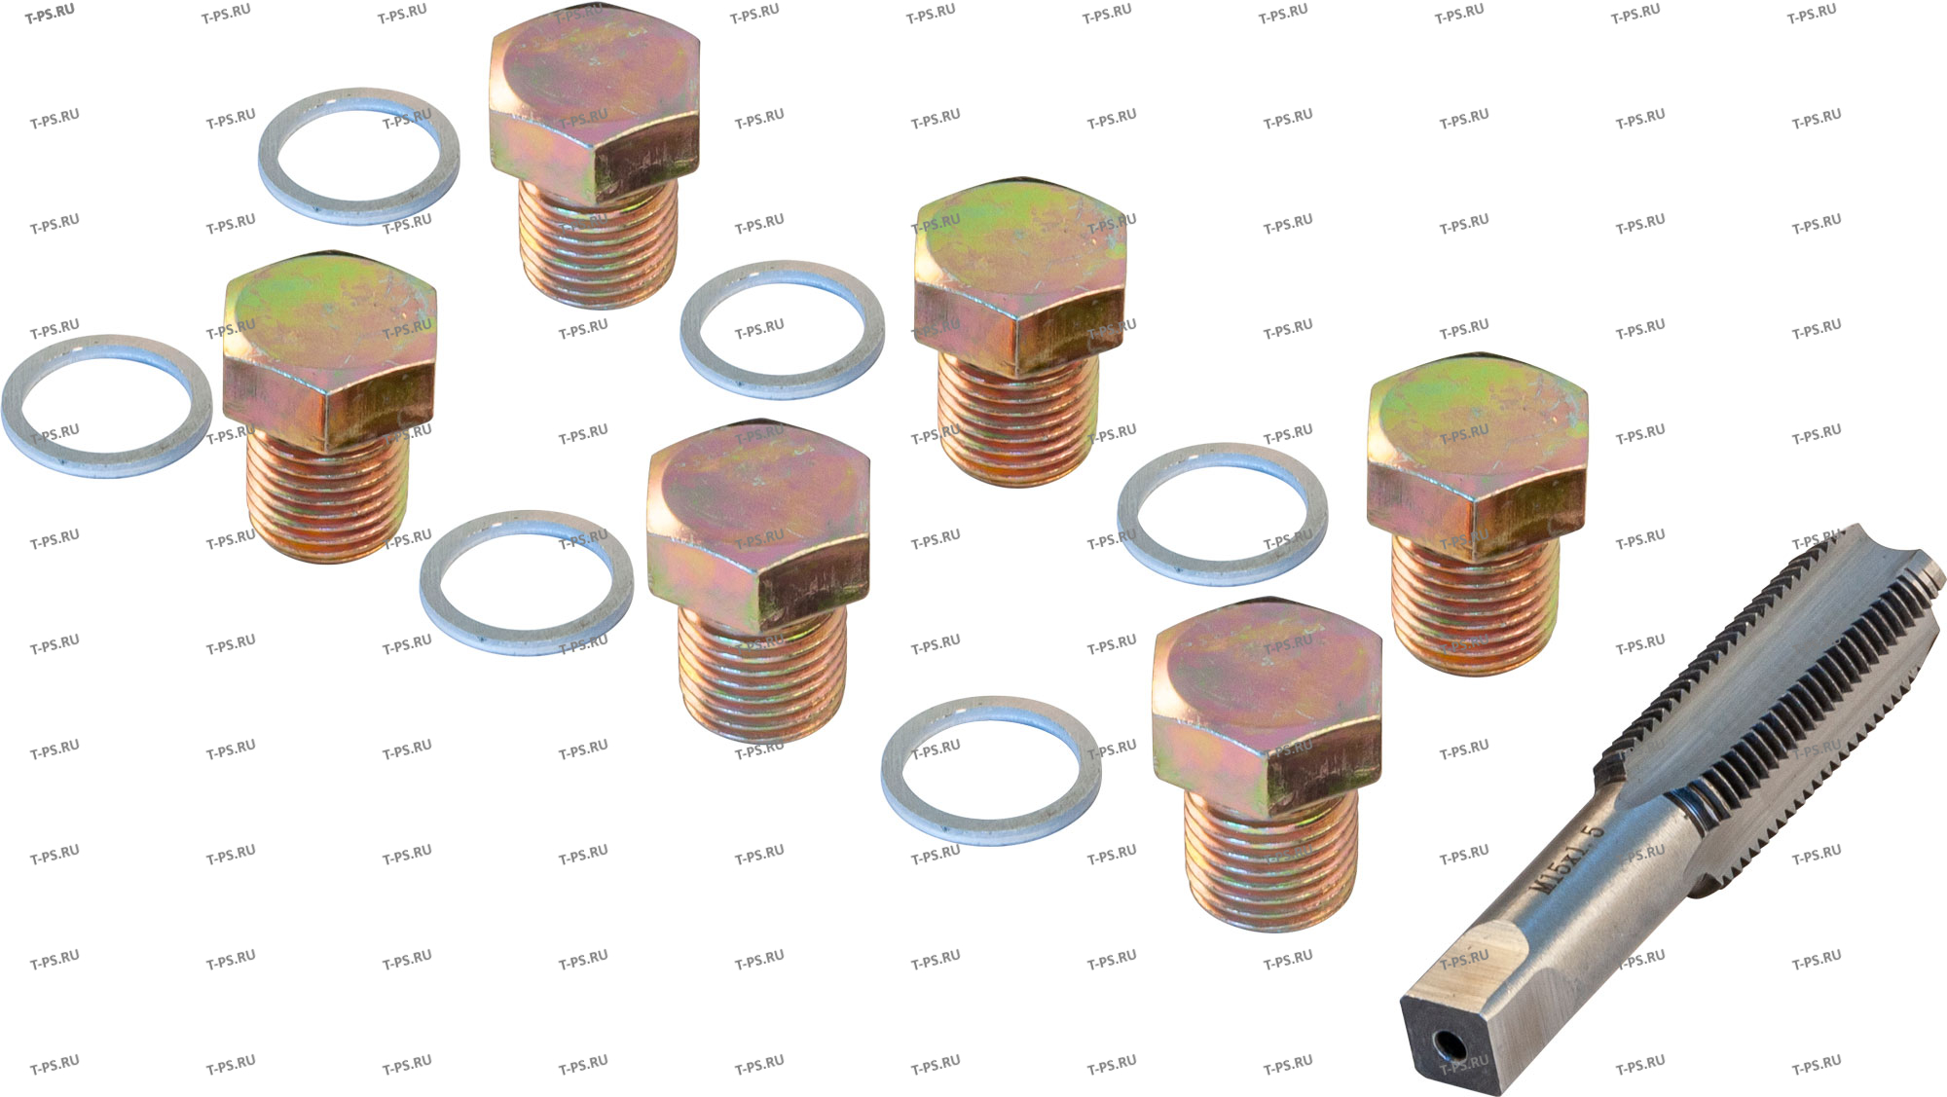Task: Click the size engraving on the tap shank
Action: [x=1567, y=859]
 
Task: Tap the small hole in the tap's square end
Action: [x=1450, y=1046]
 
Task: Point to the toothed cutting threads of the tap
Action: [x=1772, y=681]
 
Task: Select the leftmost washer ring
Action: [x=107, y=406]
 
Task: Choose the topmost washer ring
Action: [x=359, y=156]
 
